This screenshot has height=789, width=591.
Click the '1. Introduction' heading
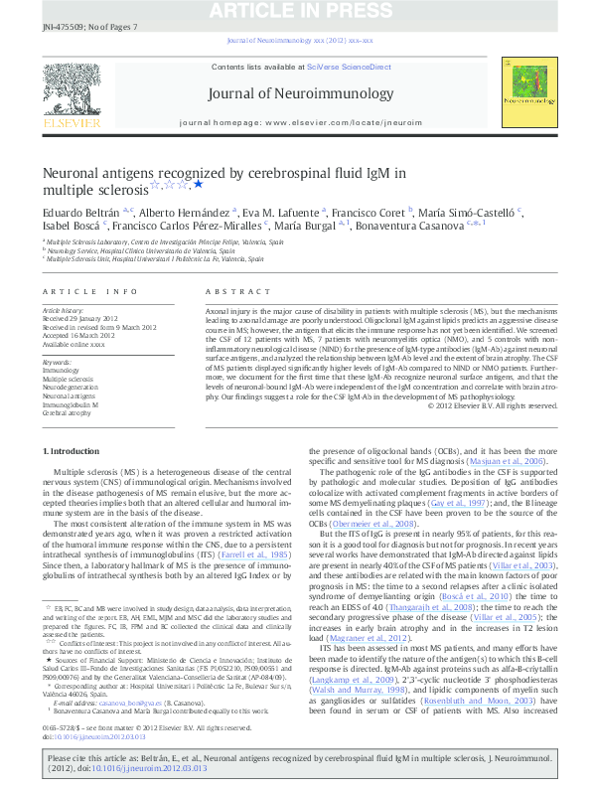[73, 451]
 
